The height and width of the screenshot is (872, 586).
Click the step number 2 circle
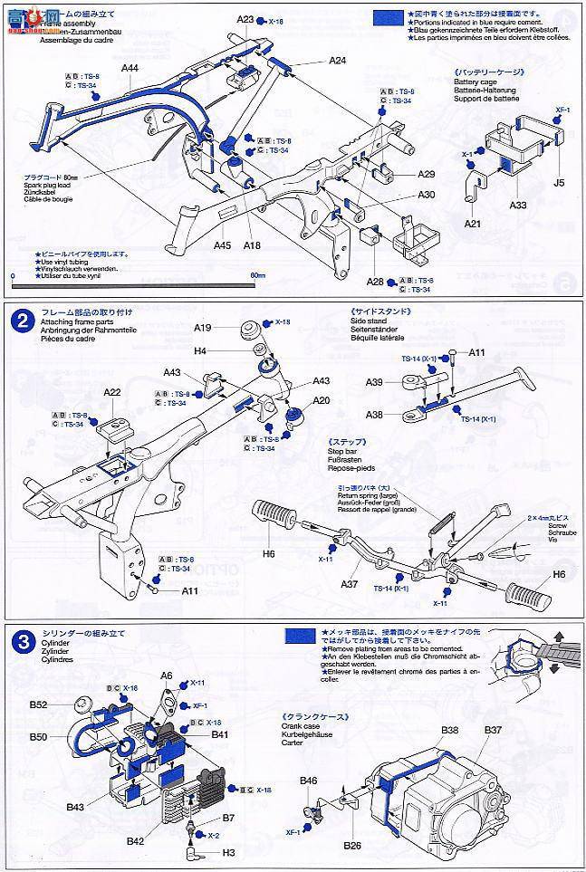click(21, 319)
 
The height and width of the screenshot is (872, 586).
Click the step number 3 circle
click(21, 640)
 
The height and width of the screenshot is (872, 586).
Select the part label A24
click(338, 61)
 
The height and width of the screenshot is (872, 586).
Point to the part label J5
click(559, 182)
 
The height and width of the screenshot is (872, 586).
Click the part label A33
click(518, 205)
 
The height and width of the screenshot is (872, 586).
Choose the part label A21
click(472, 224)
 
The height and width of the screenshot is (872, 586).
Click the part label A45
click(224, 244)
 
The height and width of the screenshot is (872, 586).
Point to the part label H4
click(200, 350)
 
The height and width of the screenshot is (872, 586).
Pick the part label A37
click(351, 584)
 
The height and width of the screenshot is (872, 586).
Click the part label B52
click(38, 704)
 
